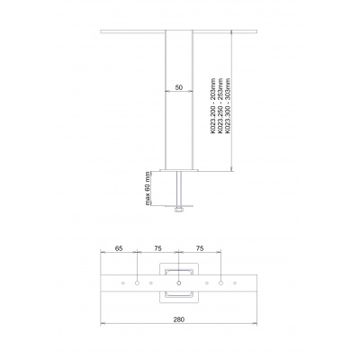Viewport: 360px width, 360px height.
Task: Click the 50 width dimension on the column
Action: coord(179,87)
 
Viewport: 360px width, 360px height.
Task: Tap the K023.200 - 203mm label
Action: coord(213,105)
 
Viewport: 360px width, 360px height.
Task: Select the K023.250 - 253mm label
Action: coord(220,105)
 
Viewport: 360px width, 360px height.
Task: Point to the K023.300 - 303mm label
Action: coord(229,105)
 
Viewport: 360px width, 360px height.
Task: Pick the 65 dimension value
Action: coord(119,248)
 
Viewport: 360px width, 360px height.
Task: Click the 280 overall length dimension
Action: coord(179,319)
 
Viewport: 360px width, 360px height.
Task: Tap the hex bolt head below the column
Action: coord(179,210)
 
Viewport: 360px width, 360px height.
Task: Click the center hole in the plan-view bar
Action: coord(179,283)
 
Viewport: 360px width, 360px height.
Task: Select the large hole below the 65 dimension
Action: coord(137,283)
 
